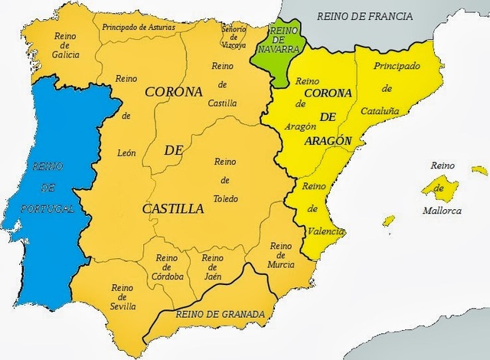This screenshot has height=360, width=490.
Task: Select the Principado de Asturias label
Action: (138, 28)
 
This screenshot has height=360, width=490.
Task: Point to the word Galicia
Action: (66, 54)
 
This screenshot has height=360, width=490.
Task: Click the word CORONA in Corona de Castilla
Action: (173, 91)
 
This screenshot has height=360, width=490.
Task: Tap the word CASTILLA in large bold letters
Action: (173, 208)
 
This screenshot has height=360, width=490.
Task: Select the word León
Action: (127, 153)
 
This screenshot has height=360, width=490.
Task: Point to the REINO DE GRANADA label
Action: (220, 314)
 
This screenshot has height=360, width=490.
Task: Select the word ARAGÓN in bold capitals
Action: (327, 141)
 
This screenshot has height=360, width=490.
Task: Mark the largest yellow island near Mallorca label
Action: (443, 188)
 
